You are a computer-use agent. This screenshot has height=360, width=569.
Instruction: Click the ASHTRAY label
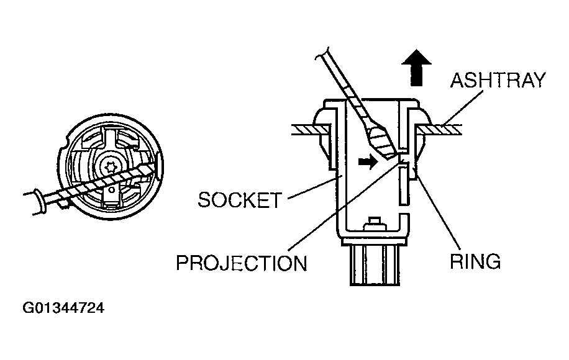coord(498,80)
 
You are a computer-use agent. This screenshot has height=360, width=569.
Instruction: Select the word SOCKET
coord(239,200)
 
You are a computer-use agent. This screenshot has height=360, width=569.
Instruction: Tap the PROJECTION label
coord(242,263)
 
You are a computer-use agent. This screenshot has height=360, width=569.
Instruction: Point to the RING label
coord(475,261)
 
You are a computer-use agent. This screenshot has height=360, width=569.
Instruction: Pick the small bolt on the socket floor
coord(373,222)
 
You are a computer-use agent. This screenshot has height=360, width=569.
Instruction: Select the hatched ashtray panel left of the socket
coord(309,129)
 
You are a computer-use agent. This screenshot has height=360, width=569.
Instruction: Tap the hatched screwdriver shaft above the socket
coord(348,92)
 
